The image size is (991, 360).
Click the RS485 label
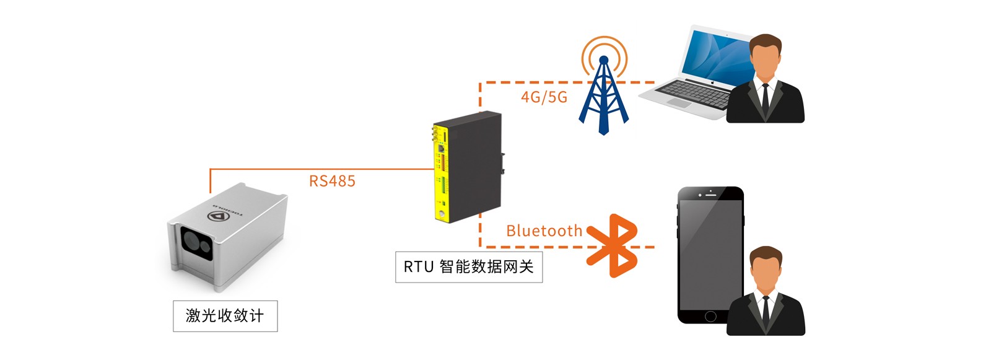(332, 181)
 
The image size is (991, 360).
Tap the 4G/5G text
(544, 97)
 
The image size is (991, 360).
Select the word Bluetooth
(544, 231)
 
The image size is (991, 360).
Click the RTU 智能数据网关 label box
(469, 267)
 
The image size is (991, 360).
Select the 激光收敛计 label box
(225, 316)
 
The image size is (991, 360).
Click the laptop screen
(712, 56)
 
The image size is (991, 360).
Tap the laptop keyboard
(694, 93)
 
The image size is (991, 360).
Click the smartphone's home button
(710, 316)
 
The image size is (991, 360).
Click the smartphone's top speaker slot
(710, 195)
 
